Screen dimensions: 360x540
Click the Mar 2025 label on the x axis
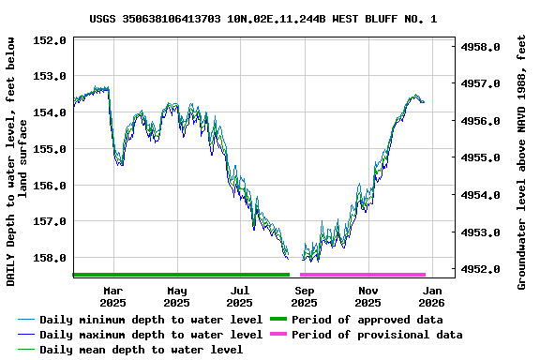tap(112, 296)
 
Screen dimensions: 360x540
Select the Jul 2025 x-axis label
tap(240, 296)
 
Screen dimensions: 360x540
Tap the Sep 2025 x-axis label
tap(304, 296)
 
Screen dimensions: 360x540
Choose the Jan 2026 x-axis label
tap(431, 296)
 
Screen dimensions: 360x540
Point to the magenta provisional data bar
tap(363, 275)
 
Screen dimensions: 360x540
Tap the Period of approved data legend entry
tap(367, 320)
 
